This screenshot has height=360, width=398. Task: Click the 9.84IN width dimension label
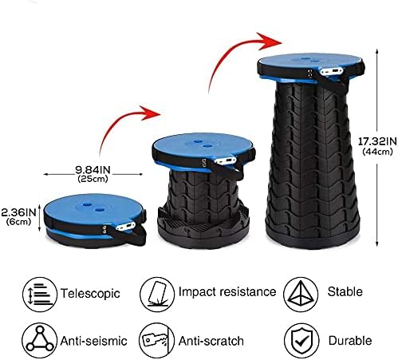[93, 169]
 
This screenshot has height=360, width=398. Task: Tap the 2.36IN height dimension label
[18, 212]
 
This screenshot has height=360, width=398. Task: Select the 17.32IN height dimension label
[377, 141]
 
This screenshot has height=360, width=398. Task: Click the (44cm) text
[377, 152]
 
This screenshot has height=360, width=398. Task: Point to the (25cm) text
[93, 179]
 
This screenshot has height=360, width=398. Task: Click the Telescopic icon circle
[40, 295]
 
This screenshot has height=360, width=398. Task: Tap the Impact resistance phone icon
[157, 294]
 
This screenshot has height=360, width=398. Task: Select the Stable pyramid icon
[301, 294]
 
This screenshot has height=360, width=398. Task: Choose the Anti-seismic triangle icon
[40, 340]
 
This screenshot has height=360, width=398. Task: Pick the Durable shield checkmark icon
[301, 341]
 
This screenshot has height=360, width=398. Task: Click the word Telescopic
[90, 294]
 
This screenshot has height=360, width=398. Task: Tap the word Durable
[350, 341]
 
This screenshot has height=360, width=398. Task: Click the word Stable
[345, 291]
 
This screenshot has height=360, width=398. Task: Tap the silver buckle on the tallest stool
[332, 71]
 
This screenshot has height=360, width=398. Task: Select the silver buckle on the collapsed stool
[125, 227]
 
